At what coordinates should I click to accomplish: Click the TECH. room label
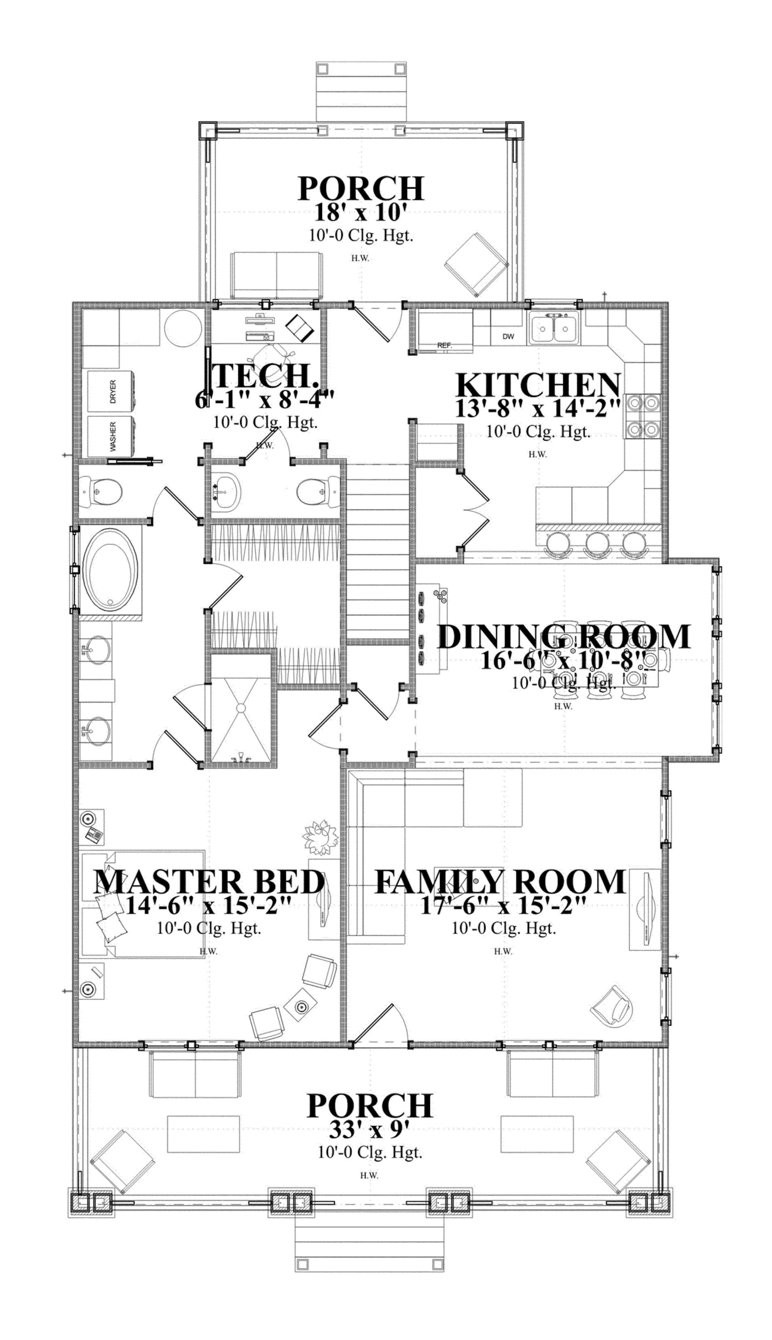[265, 376]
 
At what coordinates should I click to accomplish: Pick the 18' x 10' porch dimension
[361, 213]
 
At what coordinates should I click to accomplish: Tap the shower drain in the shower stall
[241, 708]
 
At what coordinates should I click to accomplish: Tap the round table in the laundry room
[183, 329]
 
